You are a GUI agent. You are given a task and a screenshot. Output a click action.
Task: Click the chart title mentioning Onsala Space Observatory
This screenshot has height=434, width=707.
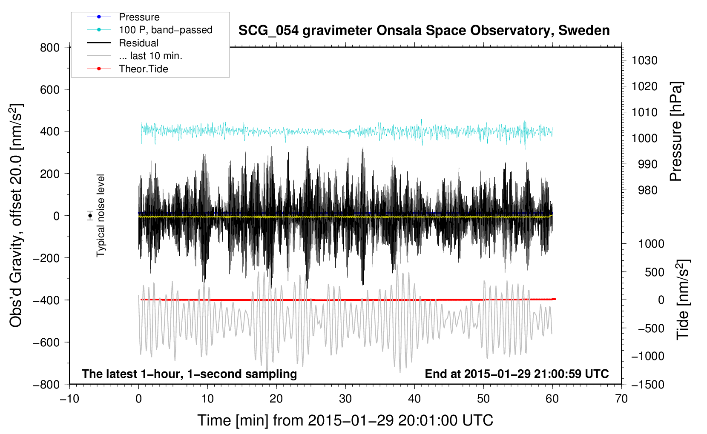424,31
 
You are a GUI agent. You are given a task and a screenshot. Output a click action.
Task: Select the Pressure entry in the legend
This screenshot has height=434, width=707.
139,17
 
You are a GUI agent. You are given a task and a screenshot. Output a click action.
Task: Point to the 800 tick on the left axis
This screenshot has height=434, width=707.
50,48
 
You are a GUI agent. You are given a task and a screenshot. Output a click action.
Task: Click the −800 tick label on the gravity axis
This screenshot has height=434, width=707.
46,385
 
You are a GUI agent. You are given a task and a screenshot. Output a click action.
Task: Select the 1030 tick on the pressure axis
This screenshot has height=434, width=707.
644,60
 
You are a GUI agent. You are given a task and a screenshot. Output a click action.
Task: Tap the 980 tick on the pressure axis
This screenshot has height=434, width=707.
647,190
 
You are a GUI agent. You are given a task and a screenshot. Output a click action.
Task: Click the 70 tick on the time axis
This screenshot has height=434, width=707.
621,399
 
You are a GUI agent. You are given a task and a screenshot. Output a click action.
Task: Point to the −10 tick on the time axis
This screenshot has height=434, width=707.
69,399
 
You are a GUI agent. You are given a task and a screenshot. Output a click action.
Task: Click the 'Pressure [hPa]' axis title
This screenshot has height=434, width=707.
676,131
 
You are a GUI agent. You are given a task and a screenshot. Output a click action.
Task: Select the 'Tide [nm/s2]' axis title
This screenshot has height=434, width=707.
682,300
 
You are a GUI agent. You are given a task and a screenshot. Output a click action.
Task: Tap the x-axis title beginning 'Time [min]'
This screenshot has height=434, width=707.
345,420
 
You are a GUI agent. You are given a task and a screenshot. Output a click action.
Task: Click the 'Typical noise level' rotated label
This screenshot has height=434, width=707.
101,216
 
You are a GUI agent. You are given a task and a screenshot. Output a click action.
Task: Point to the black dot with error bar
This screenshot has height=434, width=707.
90,216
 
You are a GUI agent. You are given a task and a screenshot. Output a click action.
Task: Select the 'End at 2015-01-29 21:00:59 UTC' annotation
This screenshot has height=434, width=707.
517,374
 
